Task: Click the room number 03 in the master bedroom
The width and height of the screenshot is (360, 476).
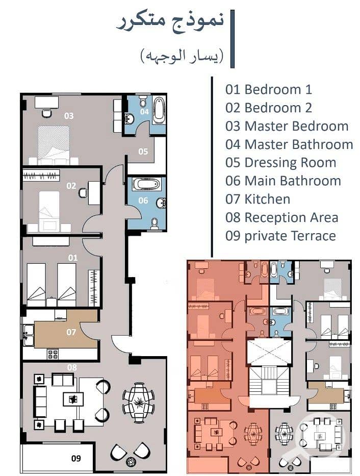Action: (69, 116)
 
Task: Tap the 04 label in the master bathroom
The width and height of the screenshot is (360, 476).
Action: (144, 111)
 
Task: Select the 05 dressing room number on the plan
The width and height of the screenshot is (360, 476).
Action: (143, 151)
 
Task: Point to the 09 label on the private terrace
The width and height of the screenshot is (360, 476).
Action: (76, 458)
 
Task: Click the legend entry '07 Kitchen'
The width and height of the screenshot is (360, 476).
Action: (258, 199)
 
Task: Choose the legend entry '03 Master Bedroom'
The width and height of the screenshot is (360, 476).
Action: (287, 127)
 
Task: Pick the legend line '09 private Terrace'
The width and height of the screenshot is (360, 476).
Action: (280, 236)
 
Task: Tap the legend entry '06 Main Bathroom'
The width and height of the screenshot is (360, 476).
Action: (284, 181)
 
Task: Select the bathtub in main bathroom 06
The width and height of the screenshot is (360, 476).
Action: (146, 184)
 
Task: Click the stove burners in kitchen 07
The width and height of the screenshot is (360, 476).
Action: (53, 354)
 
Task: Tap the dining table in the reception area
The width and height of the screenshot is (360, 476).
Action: (139, 403)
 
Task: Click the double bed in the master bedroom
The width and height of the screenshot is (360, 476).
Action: (54, 145)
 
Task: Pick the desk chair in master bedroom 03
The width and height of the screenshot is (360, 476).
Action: (46, 113)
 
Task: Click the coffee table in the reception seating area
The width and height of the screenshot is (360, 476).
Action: (73, 399)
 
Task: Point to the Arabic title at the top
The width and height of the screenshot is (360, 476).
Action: (170, 22)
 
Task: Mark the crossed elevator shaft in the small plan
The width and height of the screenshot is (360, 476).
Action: (269, 352)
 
